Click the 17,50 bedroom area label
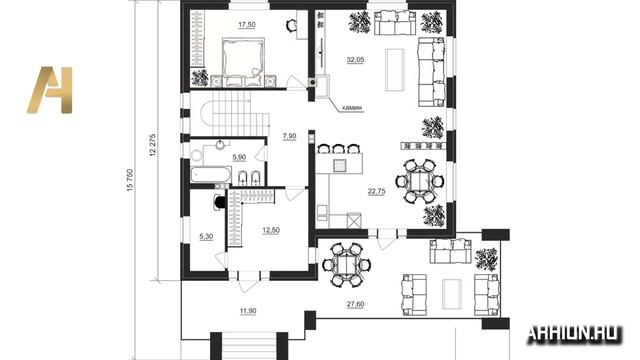click(247, 25)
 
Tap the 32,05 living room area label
click(355, 60)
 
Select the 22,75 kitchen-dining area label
click(376, 191)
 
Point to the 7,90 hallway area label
click(289, 136)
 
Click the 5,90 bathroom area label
click(239, 157)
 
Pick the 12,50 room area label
click(271, 231)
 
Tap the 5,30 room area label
click(206, 236)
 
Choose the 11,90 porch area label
click(248, 311)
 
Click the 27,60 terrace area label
click(356, 304)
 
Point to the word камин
click(352, 108)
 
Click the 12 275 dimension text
click(153, 145)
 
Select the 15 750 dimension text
click(130, 180)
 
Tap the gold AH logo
click(50, 90)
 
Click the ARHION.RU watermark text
click(574, 334)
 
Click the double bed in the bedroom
click(243, 62)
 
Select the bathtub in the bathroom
click(211, 176)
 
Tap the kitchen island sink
click(340, 165)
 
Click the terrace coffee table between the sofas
click(452, 294)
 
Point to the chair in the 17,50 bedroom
click(291, 25)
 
